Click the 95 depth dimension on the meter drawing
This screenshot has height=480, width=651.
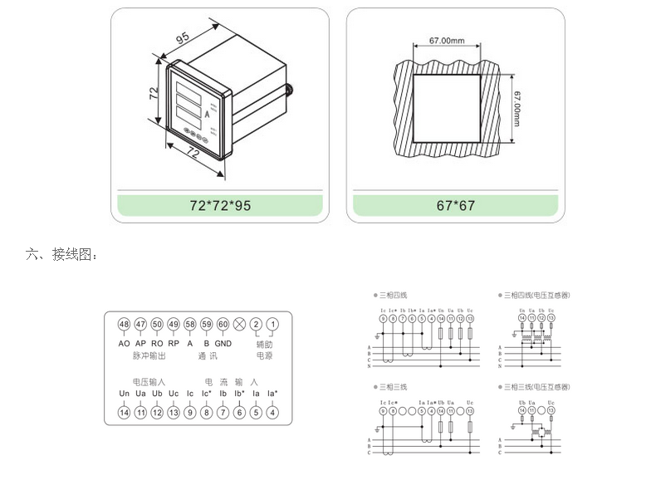click(x=183, y=38)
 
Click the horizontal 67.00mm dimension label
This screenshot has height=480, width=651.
click(x=446, y=41)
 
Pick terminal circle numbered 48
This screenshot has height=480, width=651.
click(x=124, y=324)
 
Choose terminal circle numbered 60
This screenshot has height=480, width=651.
click(x=223, y=324)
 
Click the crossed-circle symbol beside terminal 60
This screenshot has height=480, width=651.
click(x=240, y=324)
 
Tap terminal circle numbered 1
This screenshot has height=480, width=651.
click(x=272, y=324)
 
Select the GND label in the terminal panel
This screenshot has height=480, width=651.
click(x=223, y=343)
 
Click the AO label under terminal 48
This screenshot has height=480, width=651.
click(x=124, y=343)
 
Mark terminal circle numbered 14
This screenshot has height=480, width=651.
click(x=124, y=411)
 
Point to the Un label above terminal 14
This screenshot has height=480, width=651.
click(x=124, y=393)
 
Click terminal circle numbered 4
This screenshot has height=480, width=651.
click(x=272, y=411)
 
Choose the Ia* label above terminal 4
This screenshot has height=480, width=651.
click(x=272, y=393)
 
